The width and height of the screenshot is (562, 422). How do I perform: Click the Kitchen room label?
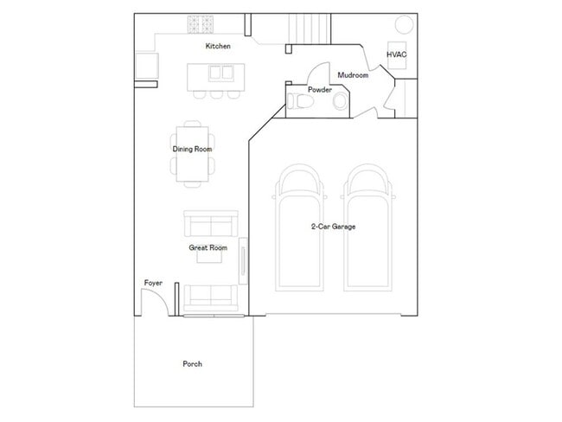tap(217, 46)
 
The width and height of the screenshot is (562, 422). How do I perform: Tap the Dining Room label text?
tap(192, 149)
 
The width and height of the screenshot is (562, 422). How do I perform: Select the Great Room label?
tap(208, 248)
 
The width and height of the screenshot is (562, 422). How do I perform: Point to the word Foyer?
tap(153, 283)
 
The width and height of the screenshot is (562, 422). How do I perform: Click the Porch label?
tap(192, 364)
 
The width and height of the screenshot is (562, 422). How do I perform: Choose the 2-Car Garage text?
tap(334, 227)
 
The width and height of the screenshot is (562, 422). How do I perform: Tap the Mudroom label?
tap(353, 75)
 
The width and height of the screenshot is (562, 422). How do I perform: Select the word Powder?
tap(320, 89)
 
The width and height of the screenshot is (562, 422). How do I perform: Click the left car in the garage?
tap(297, 229)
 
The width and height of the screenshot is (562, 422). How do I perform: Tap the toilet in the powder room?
tap(300, 103)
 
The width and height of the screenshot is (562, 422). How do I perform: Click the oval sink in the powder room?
tap(339, 103)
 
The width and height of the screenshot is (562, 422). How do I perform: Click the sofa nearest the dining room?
tap(208, 224)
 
